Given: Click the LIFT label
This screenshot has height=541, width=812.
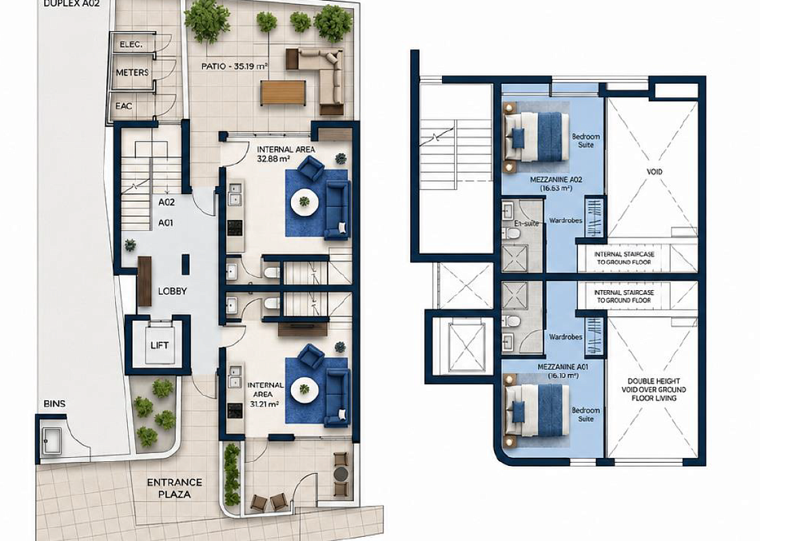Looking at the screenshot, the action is click(x=160, y=346).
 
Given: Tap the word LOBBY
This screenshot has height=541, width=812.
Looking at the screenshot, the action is click(x=173, y=291).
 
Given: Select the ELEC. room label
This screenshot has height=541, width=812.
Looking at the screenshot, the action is click(x=131, y=45).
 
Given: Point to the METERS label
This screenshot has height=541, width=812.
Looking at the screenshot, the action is click(x=133, y=72).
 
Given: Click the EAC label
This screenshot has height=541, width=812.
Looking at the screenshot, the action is click(x=124, y=106).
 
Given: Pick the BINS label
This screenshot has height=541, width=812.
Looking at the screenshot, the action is click(x=54, y=403).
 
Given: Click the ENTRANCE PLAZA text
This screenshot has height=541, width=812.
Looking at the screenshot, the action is click(x=175, y=488).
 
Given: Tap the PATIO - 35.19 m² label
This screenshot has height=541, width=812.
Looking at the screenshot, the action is click(x=235, y=66).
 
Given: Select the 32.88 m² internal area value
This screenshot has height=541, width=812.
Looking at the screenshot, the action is click(x=273, y=159).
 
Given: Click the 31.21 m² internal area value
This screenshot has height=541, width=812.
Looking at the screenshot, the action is click(x=265, y=404).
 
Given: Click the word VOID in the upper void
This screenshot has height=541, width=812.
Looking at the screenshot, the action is click(x=654, y=171).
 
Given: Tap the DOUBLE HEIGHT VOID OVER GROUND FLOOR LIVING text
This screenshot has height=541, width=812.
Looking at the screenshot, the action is click(x=654, y=390).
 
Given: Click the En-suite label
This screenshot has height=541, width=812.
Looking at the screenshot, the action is click(x=526, y=223).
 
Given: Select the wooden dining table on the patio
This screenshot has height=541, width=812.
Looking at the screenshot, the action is click(x=283, y=93).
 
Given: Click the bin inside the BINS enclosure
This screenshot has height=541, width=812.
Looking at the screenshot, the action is click(x=52, y=441).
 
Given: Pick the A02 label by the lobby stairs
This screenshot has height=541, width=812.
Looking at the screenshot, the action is click(x=166, y=202).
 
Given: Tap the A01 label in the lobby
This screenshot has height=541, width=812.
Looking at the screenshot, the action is click(x=166, y=223).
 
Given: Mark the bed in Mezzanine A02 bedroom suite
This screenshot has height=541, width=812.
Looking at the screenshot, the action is click(x=537, y=137).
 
